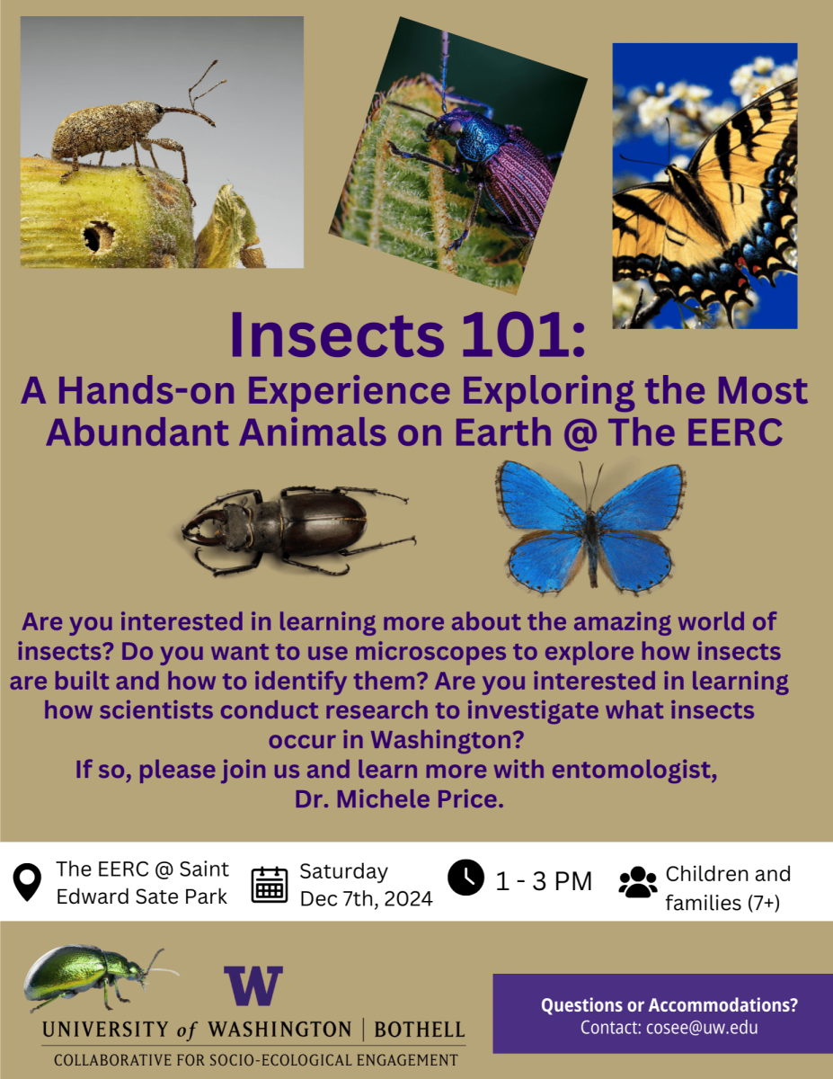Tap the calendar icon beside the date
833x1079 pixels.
tap(270, 884)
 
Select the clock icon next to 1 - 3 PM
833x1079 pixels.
tap(465, 878)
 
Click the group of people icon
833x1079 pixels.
tap(638, 882)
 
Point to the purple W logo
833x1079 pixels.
tap(253, 986)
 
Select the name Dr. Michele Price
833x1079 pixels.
tap(398, 799)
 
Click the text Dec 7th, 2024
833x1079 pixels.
tap(366, 898)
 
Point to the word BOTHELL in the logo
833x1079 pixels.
tap(419, 1029)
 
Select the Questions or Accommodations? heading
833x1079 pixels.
tap(669, 1004)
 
